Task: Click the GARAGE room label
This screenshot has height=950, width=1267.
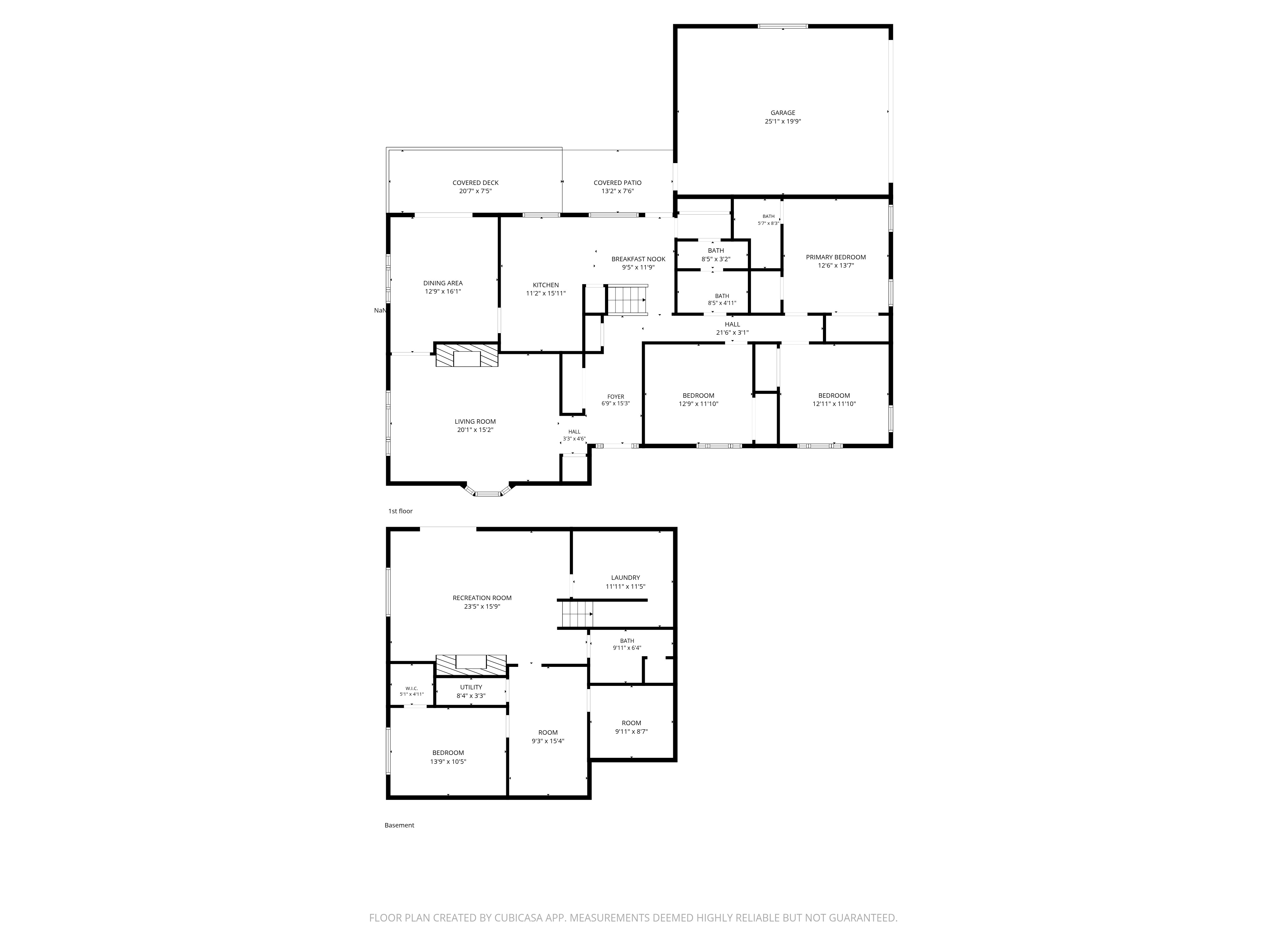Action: click(782, 113)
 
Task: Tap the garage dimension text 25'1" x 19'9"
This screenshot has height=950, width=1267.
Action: click(782, 121)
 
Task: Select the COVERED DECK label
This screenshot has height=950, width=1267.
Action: click(475, 183)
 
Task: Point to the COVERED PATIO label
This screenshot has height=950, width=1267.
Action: click(617, 183)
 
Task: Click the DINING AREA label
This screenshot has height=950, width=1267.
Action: click(443, 283)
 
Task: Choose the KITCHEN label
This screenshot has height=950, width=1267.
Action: click(546, 285)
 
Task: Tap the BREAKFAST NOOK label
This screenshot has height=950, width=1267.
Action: click(638, 259)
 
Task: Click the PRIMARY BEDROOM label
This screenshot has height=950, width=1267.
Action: click(836, 257)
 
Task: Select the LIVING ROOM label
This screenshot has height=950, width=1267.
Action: click(475, 421)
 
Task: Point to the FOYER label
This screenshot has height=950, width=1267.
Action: click(616, 396)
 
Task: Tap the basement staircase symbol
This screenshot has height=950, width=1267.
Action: click(577, 614)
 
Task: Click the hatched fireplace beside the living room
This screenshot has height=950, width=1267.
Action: click(467, 355)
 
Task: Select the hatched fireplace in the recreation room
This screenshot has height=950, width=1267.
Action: click(471, 665)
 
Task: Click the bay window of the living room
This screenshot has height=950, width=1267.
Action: click(487, 491)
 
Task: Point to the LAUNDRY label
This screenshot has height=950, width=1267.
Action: click(626, 578)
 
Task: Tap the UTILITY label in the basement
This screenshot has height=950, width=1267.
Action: click(471, 687)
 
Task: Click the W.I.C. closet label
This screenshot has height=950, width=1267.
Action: click(411, 688)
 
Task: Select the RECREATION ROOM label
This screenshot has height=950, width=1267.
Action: click(482, 598)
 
